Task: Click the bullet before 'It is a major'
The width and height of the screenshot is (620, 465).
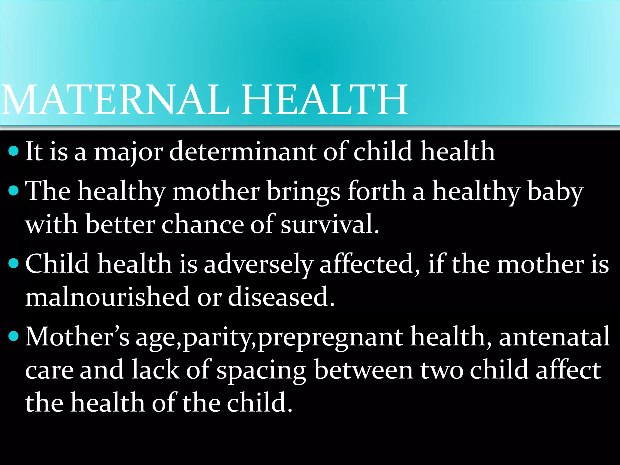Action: tap(14, 150)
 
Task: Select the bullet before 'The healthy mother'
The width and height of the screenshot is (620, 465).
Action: tap(14, 191)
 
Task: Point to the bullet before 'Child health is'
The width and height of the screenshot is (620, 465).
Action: tap(14, 263)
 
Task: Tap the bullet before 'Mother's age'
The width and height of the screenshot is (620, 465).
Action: tap(14, 336)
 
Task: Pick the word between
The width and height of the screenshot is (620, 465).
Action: tap(364, 370)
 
